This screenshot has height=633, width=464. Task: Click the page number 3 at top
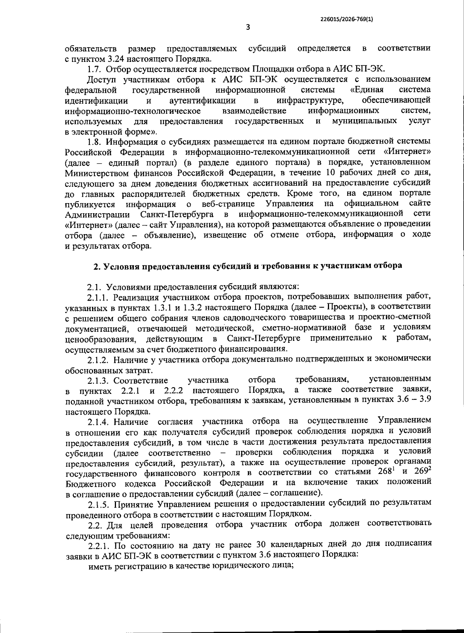[x=248, y=27]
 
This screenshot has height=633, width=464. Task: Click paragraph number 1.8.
[x=95, y=142]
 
